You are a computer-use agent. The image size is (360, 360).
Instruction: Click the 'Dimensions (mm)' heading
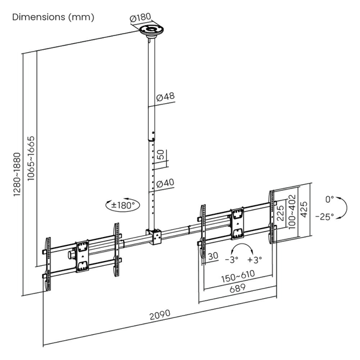tap(53, 17)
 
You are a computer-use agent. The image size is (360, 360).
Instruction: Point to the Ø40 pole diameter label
tap(165, 182)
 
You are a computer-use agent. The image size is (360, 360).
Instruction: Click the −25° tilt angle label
tap(328, 217)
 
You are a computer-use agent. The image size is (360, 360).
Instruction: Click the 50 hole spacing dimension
tap(160, 155)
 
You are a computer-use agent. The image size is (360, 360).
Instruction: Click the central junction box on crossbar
tap(155, 237)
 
